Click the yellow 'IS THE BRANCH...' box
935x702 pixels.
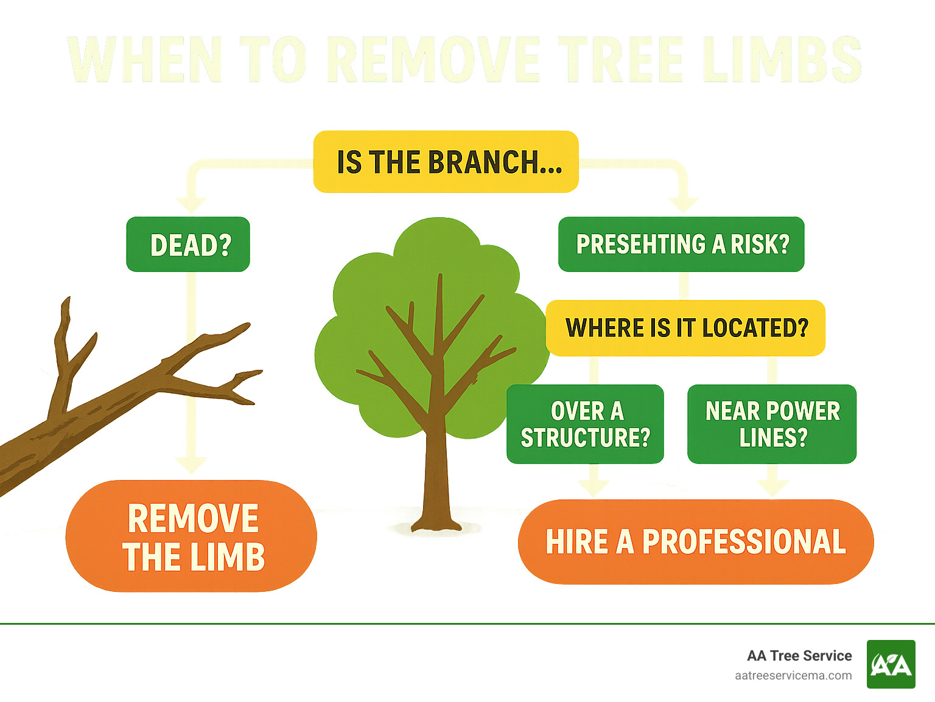[x=446, y=162]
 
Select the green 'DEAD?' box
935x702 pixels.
[x=188, y=245]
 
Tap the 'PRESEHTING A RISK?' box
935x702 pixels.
[x=681, y=245]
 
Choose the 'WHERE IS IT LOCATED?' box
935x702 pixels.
[x=686, y=328]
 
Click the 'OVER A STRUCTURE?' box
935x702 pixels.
[x=585, y=424]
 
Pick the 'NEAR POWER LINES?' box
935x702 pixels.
[x=772, y=424]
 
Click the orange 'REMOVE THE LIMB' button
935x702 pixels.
[x=192, y=537]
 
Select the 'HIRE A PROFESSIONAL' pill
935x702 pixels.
[x=696, y=542]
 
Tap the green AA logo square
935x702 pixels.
[x=891, y=664]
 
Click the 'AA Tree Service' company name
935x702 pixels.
[x=799, y=656]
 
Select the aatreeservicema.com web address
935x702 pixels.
[x=793, y=675]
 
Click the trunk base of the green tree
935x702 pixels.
[x=436, y=520]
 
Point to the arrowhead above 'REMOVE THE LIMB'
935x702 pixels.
[x=191, y=465]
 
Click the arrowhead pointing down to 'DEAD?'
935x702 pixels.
[x=191, y=204]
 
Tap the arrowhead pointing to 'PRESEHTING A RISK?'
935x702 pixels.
[x=683, y=204]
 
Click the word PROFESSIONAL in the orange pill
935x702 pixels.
[x=744, y=542]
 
